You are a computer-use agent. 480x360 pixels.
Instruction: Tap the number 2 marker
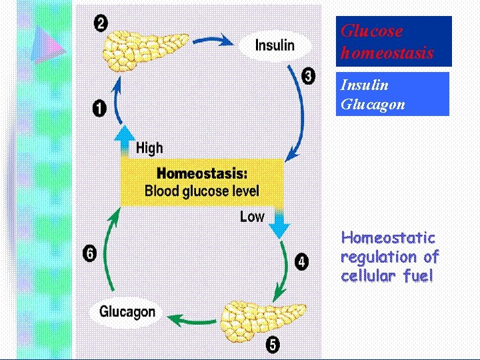click(101, 24)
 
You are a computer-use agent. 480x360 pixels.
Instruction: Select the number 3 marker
click(308, 76)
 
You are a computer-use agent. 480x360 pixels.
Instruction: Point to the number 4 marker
click(302, 262)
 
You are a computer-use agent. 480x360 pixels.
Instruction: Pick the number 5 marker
click(273, 345)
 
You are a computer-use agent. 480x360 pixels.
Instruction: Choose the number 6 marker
click(89, 253)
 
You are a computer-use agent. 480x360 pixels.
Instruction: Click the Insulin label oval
click(274, 45)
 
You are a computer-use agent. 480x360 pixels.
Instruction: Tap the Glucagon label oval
click(127, 311)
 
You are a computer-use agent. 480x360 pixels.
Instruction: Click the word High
click(149, 148)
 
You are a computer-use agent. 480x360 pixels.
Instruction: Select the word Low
click(252, 217)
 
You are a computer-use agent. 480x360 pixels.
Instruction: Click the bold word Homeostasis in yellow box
click(202, 173)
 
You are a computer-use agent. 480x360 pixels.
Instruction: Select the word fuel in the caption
click(417, 275)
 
